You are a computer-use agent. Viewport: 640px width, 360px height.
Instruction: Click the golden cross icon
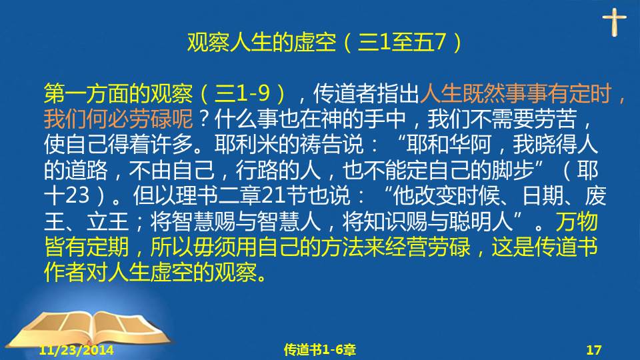point(614,23)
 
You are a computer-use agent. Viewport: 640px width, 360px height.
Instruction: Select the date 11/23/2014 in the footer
point(76,350)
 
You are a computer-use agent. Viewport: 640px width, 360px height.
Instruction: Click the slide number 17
point(594,350)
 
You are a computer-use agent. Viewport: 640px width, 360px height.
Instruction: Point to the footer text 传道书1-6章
point(319,350)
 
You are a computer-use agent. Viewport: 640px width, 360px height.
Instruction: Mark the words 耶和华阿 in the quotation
point(448,144)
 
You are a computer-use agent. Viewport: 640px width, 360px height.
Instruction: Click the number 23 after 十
point(77,195)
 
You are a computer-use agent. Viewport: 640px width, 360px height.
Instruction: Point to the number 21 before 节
point(273,195)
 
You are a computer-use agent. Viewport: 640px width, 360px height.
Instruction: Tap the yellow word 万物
point(576,221)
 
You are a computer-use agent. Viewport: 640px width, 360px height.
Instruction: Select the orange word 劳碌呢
point(161,119)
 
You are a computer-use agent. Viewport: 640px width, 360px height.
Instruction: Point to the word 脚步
point(512,170)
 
